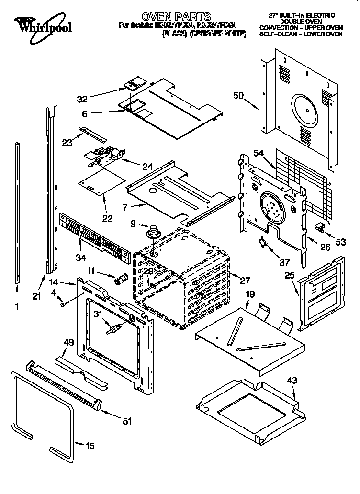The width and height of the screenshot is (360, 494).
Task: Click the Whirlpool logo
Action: click(43, 24)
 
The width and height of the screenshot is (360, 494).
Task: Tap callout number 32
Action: click(83, 99)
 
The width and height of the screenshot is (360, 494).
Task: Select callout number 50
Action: click(239, 96)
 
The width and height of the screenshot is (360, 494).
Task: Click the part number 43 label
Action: click(292, 381)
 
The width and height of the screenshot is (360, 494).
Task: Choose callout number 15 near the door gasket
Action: click(90, 446)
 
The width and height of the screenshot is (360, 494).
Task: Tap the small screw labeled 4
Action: click(63, 303)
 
